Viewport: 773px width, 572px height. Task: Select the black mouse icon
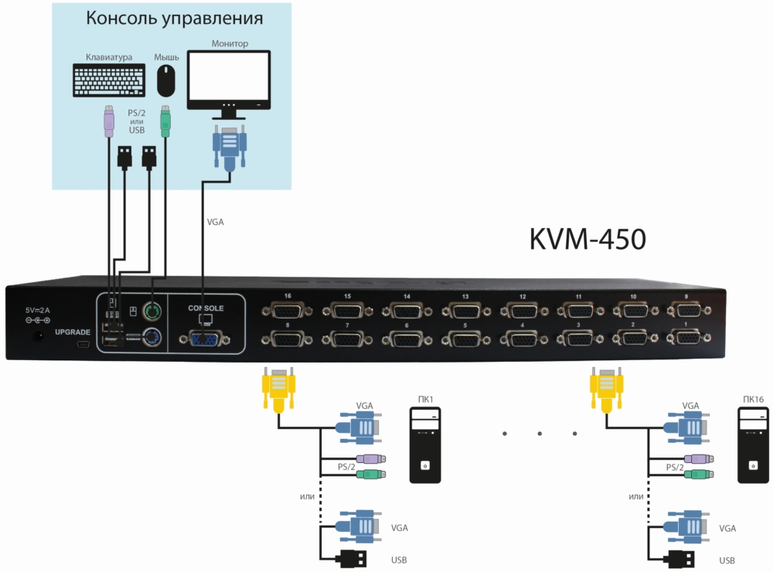click(165, 79)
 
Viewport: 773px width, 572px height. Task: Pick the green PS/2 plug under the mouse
click(165, 121)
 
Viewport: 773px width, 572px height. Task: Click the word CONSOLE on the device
click(206, 308)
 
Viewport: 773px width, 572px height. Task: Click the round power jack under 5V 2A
click(36, 336)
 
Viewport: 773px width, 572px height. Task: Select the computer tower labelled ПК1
click(424, 448)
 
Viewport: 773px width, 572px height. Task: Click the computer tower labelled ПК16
click(752, 448)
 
